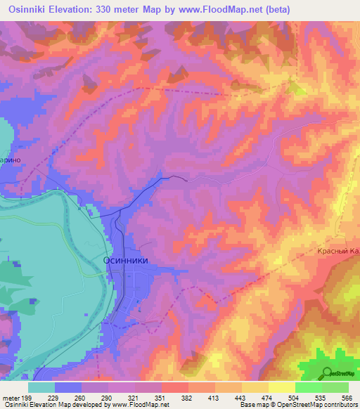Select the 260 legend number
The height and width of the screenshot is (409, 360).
click(86, 398)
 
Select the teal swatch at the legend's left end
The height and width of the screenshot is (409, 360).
click(41, 387)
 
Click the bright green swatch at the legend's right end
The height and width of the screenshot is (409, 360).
click(335, 387)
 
